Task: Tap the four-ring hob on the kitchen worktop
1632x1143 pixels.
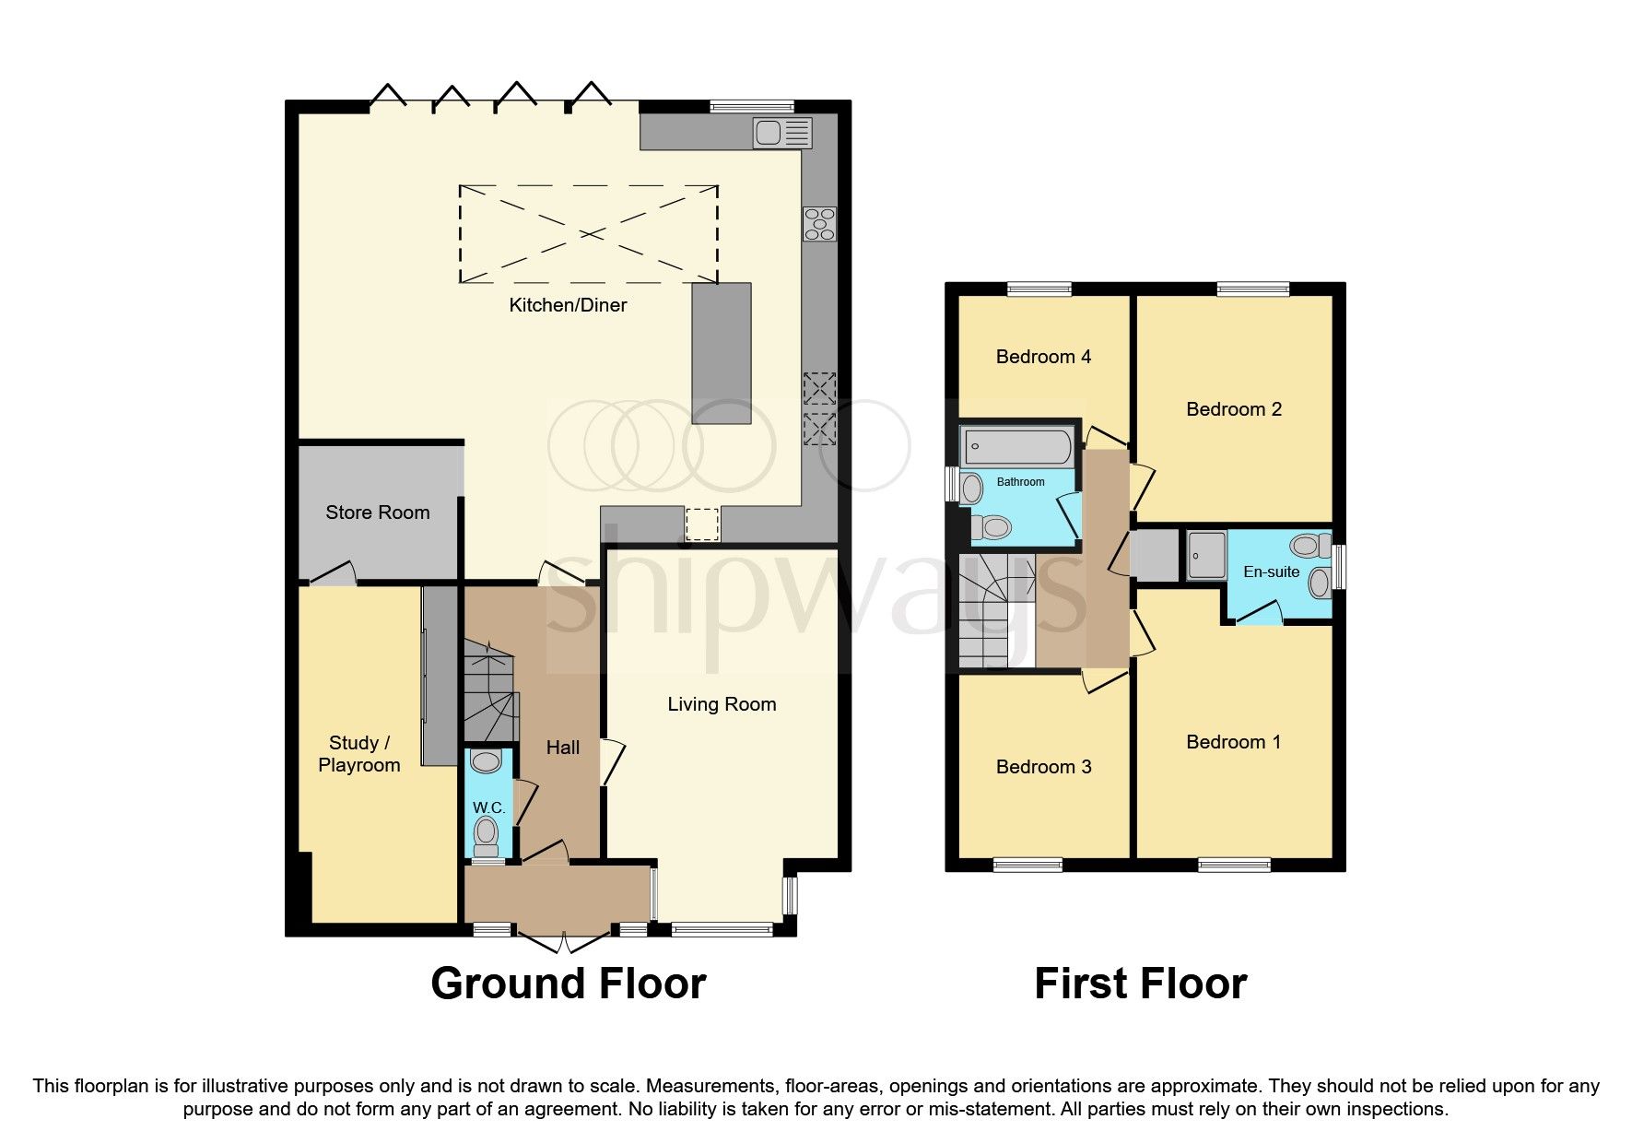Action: coord(819,223)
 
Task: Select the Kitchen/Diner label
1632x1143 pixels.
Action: coord(568,305)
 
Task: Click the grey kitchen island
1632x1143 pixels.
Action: coord(722,353)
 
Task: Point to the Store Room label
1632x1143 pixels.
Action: coord(378,513)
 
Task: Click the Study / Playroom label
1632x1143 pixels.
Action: coord(358,754)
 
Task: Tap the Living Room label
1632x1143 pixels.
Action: coord(722,704)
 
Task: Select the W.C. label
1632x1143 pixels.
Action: coord(488,807)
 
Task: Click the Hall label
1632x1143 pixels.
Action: coord(562,748)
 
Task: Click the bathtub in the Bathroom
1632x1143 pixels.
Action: coord(1017,447)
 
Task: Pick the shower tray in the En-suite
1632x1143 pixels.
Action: coord(1205,555)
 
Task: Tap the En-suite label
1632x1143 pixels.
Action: coord(1271,571)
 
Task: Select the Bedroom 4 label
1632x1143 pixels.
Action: coord(1043,357)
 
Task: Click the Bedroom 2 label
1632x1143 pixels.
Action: coord(1233,409)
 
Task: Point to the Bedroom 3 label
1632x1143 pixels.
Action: coord(1043,767)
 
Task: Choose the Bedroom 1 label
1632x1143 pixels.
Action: coord(1233,742)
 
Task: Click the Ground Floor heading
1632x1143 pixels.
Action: coord(568,984)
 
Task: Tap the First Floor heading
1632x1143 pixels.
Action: coord(1140,984)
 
